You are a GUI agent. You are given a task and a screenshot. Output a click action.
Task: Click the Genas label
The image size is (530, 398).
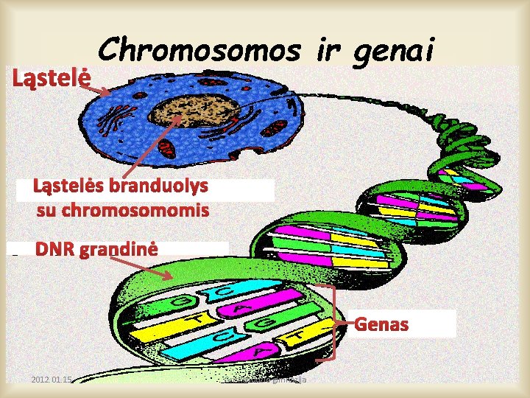382,324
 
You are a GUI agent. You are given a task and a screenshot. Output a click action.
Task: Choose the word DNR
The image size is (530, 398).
55,249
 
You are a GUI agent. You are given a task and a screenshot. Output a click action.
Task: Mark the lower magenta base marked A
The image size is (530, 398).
258,352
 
